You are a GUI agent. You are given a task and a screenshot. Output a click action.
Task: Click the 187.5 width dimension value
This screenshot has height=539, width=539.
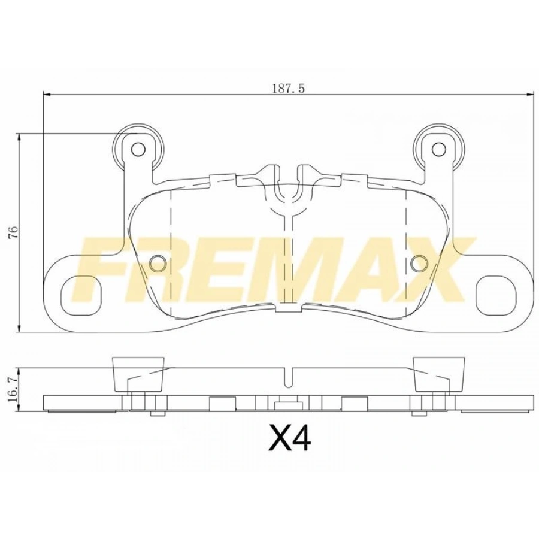289,88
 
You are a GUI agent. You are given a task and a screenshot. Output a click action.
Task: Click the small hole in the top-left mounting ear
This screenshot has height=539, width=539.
138,149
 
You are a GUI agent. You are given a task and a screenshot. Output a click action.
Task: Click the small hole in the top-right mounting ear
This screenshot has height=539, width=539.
440,149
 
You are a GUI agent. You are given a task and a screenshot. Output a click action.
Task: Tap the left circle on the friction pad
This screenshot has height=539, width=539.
158,262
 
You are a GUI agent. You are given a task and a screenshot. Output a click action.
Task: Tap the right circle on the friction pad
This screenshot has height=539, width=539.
420,262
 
